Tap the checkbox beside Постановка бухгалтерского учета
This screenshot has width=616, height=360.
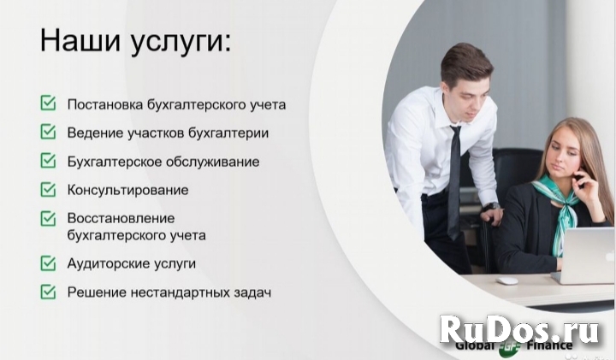[48, 104]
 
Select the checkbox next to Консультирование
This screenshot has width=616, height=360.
[48, 189]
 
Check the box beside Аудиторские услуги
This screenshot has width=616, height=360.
[48, 263]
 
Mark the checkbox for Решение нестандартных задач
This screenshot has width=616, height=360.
[48, 292]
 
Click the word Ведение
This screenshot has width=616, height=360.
[93, 133]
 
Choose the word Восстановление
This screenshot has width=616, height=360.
[121, 217]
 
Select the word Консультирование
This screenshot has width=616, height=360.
[127, 189]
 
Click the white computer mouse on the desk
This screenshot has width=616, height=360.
[507, 280]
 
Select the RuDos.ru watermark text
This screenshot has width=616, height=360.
[524, 329]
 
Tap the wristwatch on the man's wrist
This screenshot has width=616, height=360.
[490, 206]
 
